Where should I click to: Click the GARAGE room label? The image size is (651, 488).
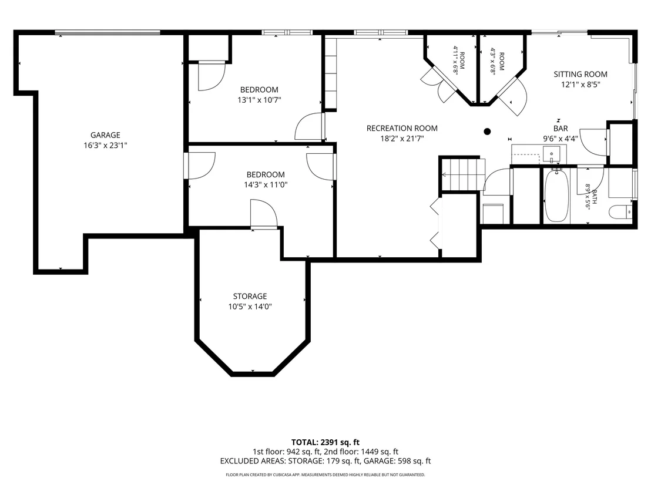click(x=105, y=135)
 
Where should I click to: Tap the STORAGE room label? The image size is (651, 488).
click(x=250, y=297)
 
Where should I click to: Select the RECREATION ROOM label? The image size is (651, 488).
click(x=402, y=128)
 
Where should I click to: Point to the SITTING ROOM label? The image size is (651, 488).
click(x=580, y=74)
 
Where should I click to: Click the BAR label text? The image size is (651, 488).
click(x=561, y=129)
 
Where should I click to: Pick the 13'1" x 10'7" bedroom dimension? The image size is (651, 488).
click(x=260, y=100)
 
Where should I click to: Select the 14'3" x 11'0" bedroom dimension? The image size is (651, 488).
click(x=266, y=184)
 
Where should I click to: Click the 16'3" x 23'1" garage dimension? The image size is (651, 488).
click(x=105, y=145)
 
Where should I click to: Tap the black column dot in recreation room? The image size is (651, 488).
click(x=488, y=132)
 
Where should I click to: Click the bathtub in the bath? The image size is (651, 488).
click(x=556, y=196)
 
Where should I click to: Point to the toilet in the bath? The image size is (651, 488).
click(x=620, y=212)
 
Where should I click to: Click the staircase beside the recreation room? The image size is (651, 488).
click(x=462, y=174)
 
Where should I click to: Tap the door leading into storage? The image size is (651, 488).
click(x=264, y=214)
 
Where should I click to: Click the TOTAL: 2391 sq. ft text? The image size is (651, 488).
click(x=325, y=442)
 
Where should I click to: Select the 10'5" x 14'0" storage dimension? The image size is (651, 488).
click(x=250, y=307)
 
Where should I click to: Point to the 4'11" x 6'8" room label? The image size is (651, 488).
click(x=459, y=60)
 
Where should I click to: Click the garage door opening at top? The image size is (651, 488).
click(x=108, y=32)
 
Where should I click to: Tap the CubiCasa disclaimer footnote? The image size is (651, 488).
click(x=325, y=474)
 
